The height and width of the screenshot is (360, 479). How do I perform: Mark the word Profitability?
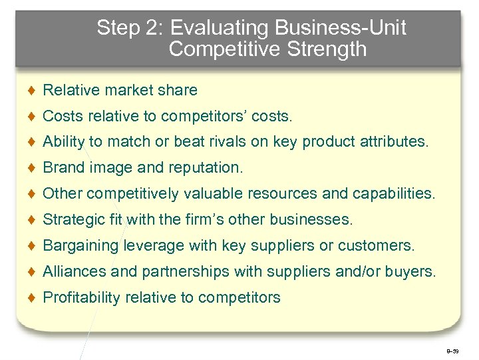coord(80,298)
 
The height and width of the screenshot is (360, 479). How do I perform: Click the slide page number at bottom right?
coord(453,349)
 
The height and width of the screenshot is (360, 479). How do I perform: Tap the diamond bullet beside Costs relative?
coord(32,116)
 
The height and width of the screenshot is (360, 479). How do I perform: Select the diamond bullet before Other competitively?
coord(32,194)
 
